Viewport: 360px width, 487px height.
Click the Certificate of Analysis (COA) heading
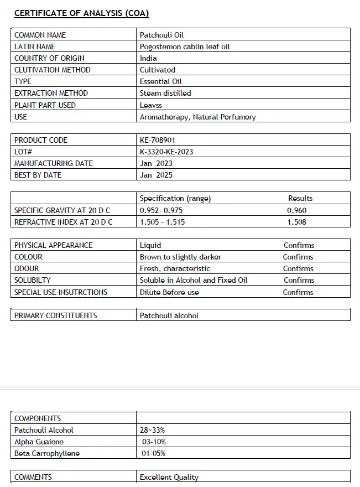pyautogui.click(x=81, y=13)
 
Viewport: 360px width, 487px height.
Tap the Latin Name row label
pyautogui.click(x=35, y=46)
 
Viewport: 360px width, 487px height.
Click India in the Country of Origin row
pyautogui.click(x=148, y=58)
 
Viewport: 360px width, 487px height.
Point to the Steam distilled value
pyautogui.click(x=165, y=93)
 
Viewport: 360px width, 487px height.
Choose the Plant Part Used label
pyautogui.click(x=45, y=105)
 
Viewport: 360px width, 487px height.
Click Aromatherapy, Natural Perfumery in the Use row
pyautogui.click(x=197, y=117)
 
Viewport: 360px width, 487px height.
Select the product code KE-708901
pyautogui.click(x=158, y=140)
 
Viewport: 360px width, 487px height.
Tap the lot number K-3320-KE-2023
pyautogui.click(x=166, y=152)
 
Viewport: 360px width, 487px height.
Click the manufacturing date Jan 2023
pyautogui.click(x=156, y=163)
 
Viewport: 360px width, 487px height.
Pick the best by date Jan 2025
pyautogui.click(x=156, y=175)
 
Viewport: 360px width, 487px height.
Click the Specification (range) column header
pyautogui.click(x=175, y=198)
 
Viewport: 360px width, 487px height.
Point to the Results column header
pyautogui.click(x=300, y=198)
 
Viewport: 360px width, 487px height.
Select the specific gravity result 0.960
pyautogui.click(x=297, y=210)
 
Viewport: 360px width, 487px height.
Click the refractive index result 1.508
pyautogui.click(x=297, y=222)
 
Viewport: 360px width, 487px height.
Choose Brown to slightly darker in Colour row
pyautogui.click(x=180, y=257)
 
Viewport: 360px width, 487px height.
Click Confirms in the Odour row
pyautogui.click(x=298, y=268)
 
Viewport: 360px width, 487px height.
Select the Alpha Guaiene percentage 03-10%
pyautogui.click(x=154, y=442)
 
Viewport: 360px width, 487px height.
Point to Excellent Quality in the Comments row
pyautogui.click(x=169, y=477)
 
